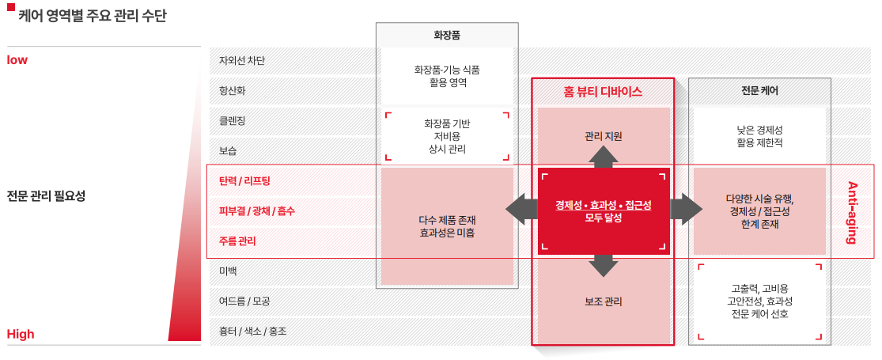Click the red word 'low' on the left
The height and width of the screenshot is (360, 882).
tap(17, 60)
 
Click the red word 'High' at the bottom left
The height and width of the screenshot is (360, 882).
tap(21, 334)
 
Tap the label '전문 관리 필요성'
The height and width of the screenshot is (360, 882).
tap(46, 196)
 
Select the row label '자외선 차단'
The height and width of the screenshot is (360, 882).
tap(242, 60)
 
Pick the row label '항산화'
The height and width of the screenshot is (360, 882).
tap(232, 90)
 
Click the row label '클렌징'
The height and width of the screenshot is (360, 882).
tap(232, 120)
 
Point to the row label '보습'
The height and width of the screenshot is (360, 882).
tap(228, 150)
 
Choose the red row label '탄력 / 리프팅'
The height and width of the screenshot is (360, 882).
tap(244, 180)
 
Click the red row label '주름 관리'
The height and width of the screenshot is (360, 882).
tap(237, 241)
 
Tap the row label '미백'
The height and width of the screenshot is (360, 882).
tap(228, 271)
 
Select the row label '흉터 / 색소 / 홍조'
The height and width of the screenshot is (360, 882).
tap(252, 331)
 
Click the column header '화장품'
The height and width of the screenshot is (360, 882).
tap(447, 36)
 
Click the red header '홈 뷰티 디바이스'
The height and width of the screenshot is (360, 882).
tap(603, 92)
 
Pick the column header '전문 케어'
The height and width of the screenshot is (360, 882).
tap(759, 91)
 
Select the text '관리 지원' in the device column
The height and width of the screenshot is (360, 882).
tap(604, 136)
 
